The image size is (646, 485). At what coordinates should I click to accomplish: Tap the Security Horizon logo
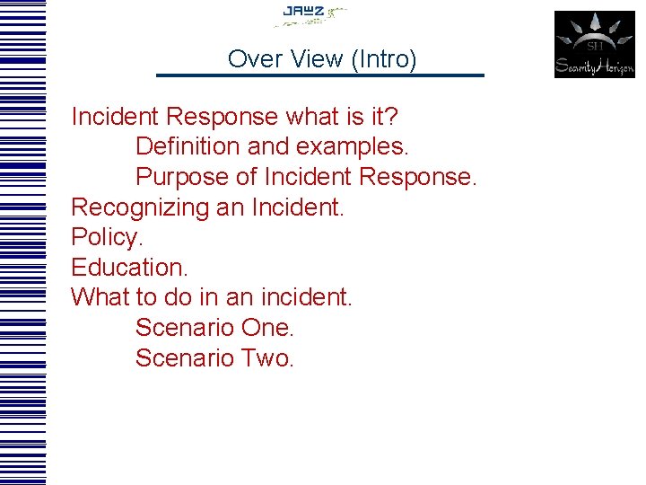pyautogui.click(x=594, y=44)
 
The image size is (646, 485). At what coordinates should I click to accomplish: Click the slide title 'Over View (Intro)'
pyautogui.click(x=322, y=59)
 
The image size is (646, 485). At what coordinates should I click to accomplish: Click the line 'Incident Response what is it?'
pyautogui.click(x=236, y=117)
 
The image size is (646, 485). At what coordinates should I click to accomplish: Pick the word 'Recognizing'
pyautogui.click(x=140, y=207)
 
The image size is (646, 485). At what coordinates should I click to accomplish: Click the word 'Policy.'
pyautogui.click(x=107, y=238)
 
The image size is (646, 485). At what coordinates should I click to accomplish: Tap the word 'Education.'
pyautogui.click(x=129, y=268)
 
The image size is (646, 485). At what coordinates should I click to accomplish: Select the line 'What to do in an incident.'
pyautogui.click(x=212, y=297)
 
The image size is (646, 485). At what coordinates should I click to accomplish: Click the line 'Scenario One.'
pyautogui.click(x=214, y=328)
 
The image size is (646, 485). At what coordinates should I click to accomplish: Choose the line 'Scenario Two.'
pyautogui.click(x=214, y=358)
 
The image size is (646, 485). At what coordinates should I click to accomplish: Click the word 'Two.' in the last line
pyautogui.click(x=267, y=358)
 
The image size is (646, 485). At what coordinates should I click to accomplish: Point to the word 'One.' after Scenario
pyautogui.click(x=267, y=328)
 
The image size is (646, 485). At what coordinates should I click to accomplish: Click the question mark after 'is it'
pyautogui.click(x=393, y=117)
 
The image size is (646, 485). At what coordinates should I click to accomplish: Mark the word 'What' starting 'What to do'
pyautogui.click(x=98, y=297)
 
